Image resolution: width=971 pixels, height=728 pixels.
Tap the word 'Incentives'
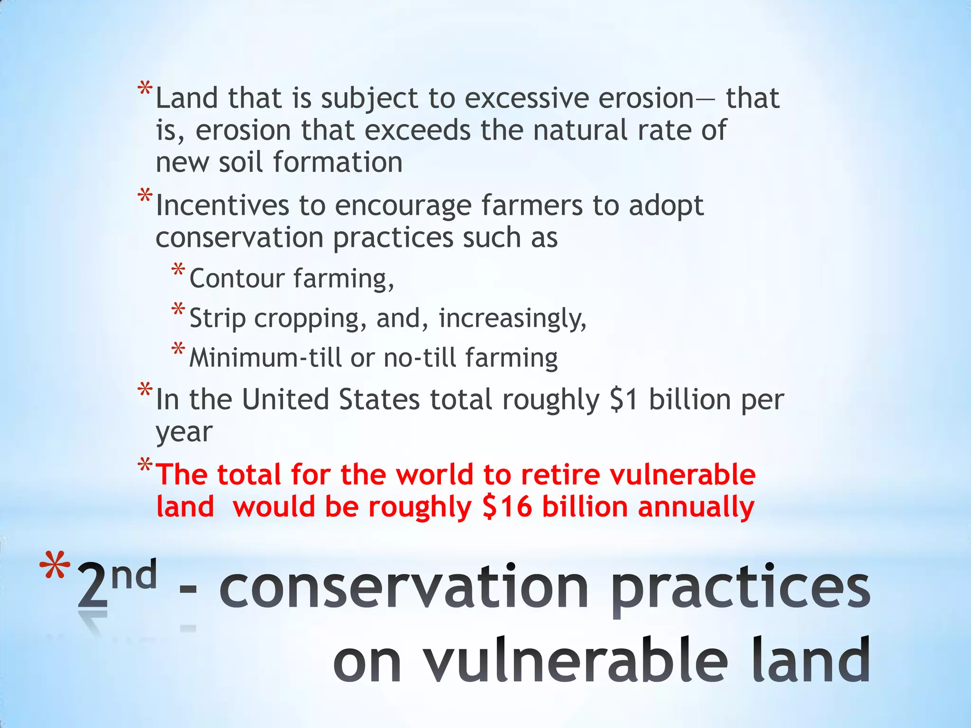click(222, 206)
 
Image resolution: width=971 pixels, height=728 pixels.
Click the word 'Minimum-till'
click(265, 358)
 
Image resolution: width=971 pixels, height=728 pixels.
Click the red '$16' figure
click(507, 507)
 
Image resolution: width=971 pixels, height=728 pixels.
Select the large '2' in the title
click(92, 586)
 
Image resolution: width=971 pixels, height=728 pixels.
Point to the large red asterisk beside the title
click(55, 566)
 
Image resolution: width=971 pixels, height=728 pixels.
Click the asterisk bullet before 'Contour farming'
click(178, 270)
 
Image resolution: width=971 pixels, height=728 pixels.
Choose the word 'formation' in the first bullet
click(338, 163)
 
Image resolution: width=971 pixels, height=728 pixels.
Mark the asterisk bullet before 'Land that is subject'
click(145, 89)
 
